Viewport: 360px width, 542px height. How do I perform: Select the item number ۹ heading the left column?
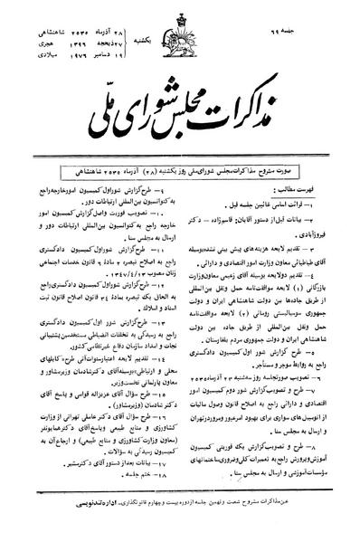173,156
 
